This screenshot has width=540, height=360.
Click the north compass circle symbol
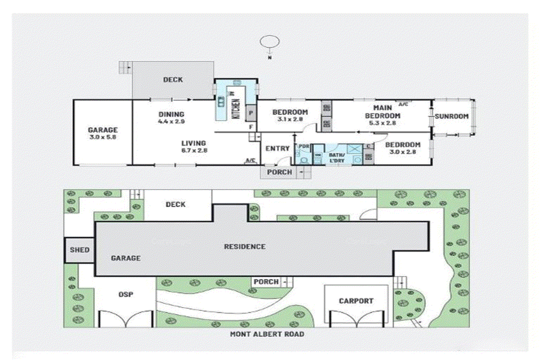pyautogui.click(x=270, y=41)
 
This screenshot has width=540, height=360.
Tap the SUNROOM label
pyautogui.click(x=452, y=116)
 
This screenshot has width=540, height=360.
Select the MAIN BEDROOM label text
pyautogui.click(x=382, y=112)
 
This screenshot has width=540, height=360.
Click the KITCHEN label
pyautogui.click(x=236, y=107)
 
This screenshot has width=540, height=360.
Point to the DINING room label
pyautogui.click(x=171, y=114)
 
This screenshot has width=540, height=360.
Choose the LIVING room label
pyautogui.click(x=194, y=143)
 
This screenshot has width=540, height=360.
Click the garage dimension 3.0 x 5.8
pyautogui.click(x=102, y=138)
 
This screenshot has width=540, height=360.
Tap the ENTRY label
pyautogui.click(x=277, y=149)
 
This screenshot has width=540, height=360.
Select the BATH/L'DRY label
pyautogui.click(x=337, y=157)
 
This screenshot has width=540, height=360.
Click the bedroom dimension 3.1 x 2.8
pyautogui.click(x=290, y=120)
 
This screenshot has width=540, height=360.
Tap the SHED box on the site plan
pyautogui.click(x=79, y=250)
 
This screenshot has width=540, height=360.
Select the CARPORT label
pyautogui.click(x=356, y=301)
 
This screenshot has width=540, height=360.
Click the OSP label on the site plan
pyautogui.click(x=125, y=295)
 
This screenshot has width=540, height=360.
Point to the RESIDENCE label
pyautogui.click(x=245, y=247)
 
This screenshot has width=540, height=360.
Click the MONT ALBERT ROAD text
pyautogui.click(x=267, y=334)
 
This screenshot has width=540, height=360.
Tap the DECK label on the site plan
pyautogui.click(x=175, y=204)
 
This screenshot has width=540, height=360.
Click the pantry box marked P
pyautogui.click(x=251, y=113)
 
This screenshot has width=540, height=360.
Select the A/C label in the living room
pyautogui.click(x=250, y=161)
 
